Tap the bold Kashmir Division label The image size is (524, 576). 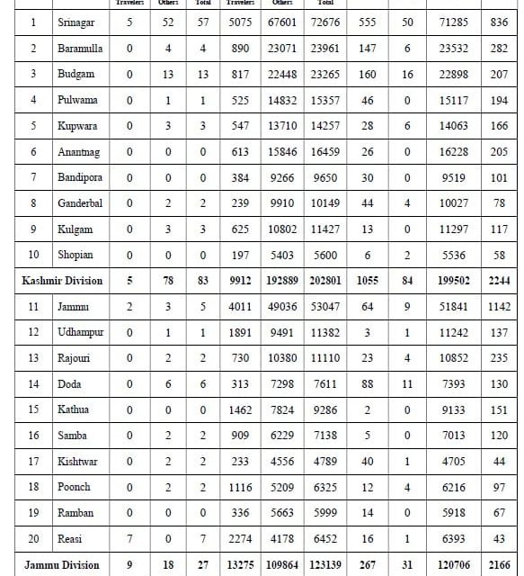(x=62, y=281)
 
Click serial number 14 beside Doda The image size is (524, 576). (x=33, y=383)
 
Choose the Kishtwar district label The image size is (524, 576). (x=79, y=461)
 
